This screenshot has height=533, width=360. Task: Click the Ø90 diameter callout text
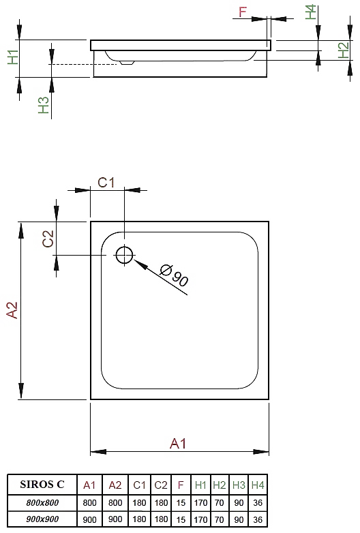click(x=174, y=275)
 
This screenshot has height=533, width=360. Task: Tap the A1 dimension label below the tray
click(x=178, y=444)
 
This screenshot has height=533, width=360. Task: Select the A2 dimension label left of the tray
click(x=12, y=310)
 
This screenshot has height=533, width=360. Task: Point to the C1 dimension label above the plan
click(x=106, y=183)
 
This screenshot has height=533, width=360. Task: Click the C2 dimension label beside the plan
click(x=48, y=239)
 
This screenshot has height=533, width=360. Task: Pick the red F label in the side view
click(x=242, y=12)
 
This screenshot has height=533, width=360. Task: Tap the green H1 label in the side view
click(x=13, y=57)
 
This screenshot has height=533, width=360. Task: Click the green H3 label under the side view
click(x=44, y=105)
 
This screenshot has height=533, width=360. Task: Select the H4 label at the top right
click(x=310, y=12)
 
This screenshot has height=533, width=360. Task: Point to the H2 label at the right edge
click(x=344, y=50)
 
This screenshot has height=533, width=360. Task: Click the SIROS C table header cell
click(x=42, y=484)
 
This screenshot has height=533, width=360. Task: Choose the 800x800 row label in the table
click(x=42, y=502)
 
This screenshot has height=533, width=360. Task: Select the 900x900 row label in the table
click(x=42, y=519)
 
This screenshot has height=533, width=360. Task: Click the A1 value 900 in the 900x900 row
click(x=89, y=519)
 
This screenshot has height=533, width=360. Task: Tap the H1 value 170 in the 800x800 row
click(x=200, y=502)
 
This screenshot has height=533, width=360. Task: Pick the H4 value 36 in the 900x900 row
click(x=258, y=519)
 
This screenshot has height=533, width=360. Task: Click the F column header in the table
click(x=181, y=485)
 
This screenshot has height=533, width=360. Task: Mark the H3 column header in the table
click(x=239, y=485)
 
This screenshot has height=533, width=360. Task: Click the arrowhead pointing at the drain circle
click(x=140, y=264)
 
